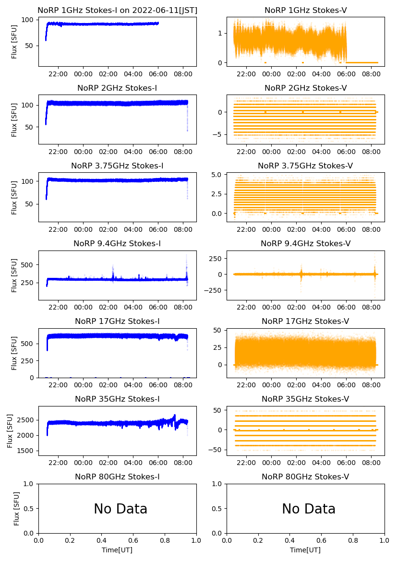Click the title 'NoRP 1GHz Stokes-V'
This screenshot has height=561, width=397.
click(x=305, y=11)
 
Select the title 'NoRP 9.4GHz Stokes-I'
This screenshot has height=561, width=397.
click(x=117, y=244)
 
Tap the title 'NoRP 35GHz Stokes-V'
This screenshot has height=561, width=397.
click(x=305, y=399)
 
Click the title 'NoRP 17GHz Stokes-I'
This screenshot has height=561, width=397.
click(x=117, y=322)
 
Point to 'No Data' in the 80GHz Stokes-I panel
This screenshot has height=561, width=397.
click(x=120, y=509)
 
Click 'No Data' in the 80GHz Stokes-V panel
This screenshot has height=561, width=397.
click(x=309, y=509)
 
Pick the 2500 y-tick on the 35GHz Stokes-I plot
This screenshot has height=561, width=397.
click(x=27, y=420)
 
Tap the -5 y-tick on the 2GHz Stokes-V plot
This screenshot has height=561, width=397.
click(x=219, y=134)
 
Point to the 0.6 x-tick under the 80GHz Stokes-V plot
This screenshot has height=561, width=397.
click(x=321, y=541)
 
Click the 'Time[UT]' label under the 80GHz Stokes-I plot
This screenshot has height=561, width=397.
click(x=117, y=550)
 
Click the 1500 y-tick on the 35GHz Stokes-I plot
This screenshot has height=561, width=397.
click(x=27, y=451)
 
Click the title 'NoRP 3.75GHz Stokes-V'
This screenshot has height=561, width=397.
click(x=305, y=166)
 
